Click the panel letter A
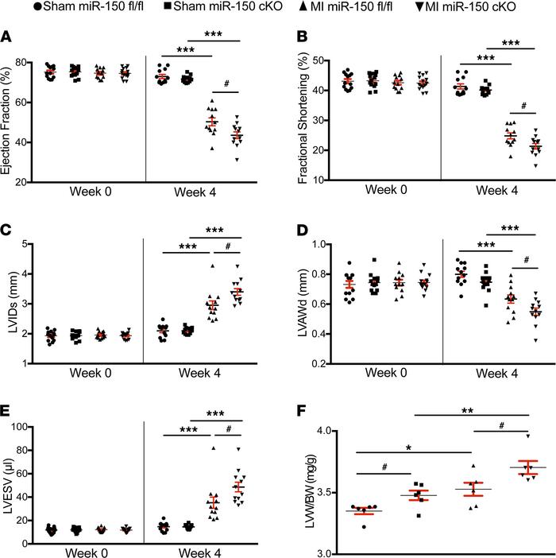tap(7, 37)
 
